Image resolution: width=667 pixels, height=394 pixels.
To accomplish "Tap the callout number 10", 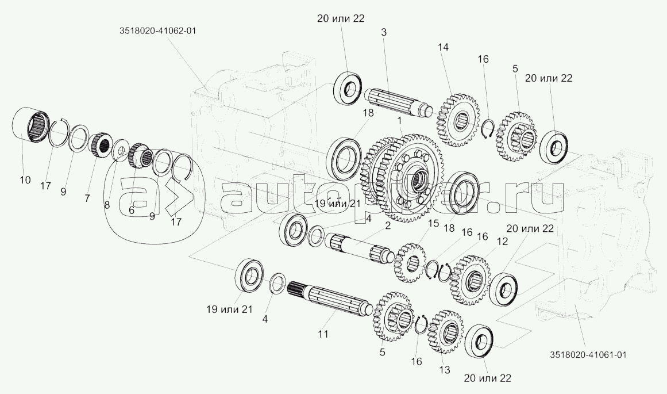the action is pyautogui.click(x=25, y=180).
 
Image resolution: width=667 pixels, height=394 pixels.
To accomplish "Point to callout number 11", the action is pyautogui.click(x=323, y=334).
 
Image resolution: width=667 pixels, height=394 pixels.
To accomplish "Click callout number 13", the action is pyautogui.click(x=445, y=370).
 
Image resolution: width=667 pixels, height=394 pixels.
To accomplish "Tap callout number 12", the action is pyautogui.click(x=502, y=242).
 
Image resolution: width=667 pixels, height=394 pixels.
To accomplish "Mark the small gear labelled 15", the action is pyautogui.click(x=410, y=263).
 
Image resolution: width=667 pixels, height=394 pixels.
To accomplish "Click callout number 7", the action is pyautogui.click(x=87, y=198).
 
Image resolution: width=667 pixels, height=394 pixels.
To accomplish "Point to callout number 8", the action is pyautogui.click(x=107, y=205).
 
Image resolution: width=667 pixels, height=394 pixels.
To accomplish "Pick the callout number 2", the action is pyautogui.click(x=388, y=225).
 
